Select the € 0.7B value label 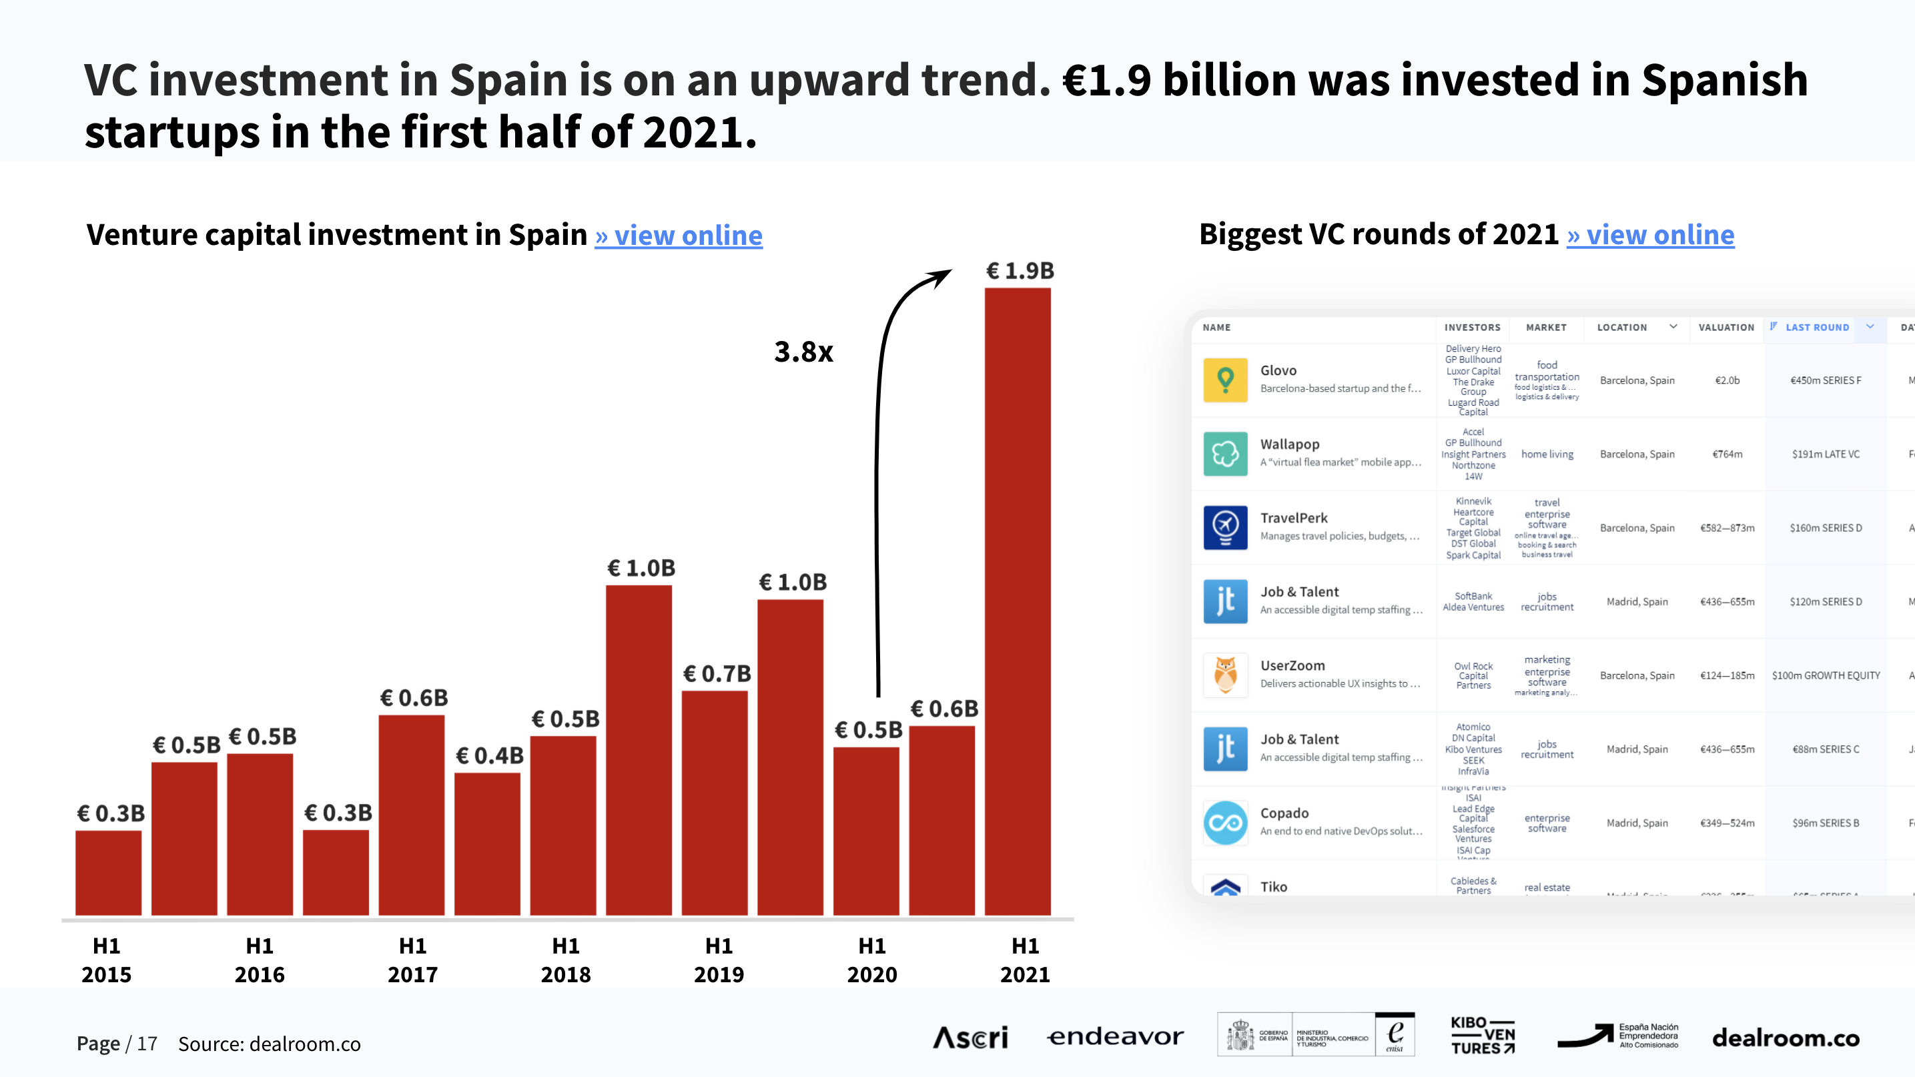click(717, 673)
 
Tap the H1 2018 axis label click(566, 960)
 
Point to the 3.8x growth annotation click(803, 352)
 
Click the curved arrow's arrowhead click(943, 276)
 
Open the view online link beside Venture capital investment click(678, 236)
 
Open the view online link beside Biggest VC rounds click(1650, 235)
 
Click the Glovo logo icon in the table click(1225, 380)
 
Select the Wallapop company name click(1290, 444)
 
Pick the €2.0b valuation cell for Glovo click(1727, 380)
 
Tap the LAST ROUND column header click(1816, 328)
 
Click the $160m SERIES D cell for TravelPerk click(1825, 528)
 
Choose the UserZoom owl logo click(1225, 675)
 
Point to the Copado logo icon click(1225, 823)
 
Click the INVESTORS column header click(1472, 328)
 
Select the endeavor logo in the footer click(1115, 1037)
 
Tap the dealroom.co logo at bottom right click(1786, 1038)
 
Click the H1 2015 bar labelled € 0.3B click(109, 873)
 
